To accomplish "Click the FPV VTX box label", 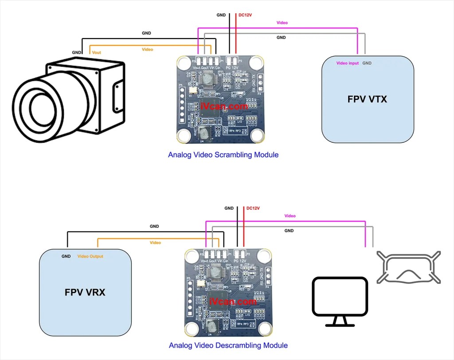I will [x=367, y=99].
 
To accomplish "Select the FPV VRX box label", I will [x=86, y=293].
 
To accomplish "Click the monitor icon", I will [x=340, y=301].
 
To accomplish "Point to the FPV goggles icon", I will [x=408, y=267].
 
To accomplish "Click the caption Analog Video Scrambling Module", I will [x=223, y=155].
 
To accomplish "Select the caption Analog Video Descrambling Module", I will [x=228, y=345].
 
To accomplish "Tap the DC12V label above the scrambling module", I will [x=245, y=15].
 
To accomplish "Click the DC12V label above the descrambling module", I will [x=253, y=208].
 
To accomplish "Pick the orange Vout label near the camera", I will [x=96, y=52].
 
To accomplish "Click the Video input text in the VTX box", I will [x=348, y=63].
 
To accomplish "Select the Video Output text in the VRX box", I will [x=90, y=256].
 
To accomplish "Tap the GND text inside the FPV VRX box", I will [x=66, y=256].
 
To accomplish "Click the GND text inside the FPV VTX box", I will [x=367, y=63].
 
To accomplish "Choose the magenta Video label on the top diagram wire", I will [x=282, y=23].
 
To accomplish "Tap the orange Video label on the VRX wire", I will [x=155, y=243].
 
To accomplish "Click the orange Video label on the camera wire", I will [x=147, y=49].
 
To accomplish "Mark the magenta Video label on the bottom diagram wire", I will [x=290, y=216].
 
